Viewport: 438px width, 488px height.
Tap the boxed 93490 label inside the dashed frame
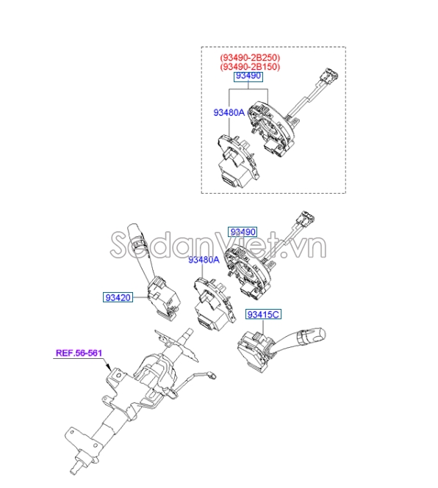(x=248, y=77)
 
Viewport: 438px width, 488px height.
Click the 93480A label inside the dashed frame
(x=229, y=113)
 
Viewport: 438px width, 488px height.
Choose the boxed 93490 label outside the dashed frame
(x=243, y=231)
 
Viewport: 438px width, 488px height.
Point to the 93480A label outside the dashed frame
(x=204, y=260)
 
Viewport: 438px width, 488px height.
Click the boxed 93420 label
(x=118, y=298)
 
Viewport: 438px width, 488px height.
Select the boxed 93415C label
(x=263, y=315)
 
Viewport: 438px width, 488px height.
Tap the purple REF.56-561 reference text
(x=79, y=353)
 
